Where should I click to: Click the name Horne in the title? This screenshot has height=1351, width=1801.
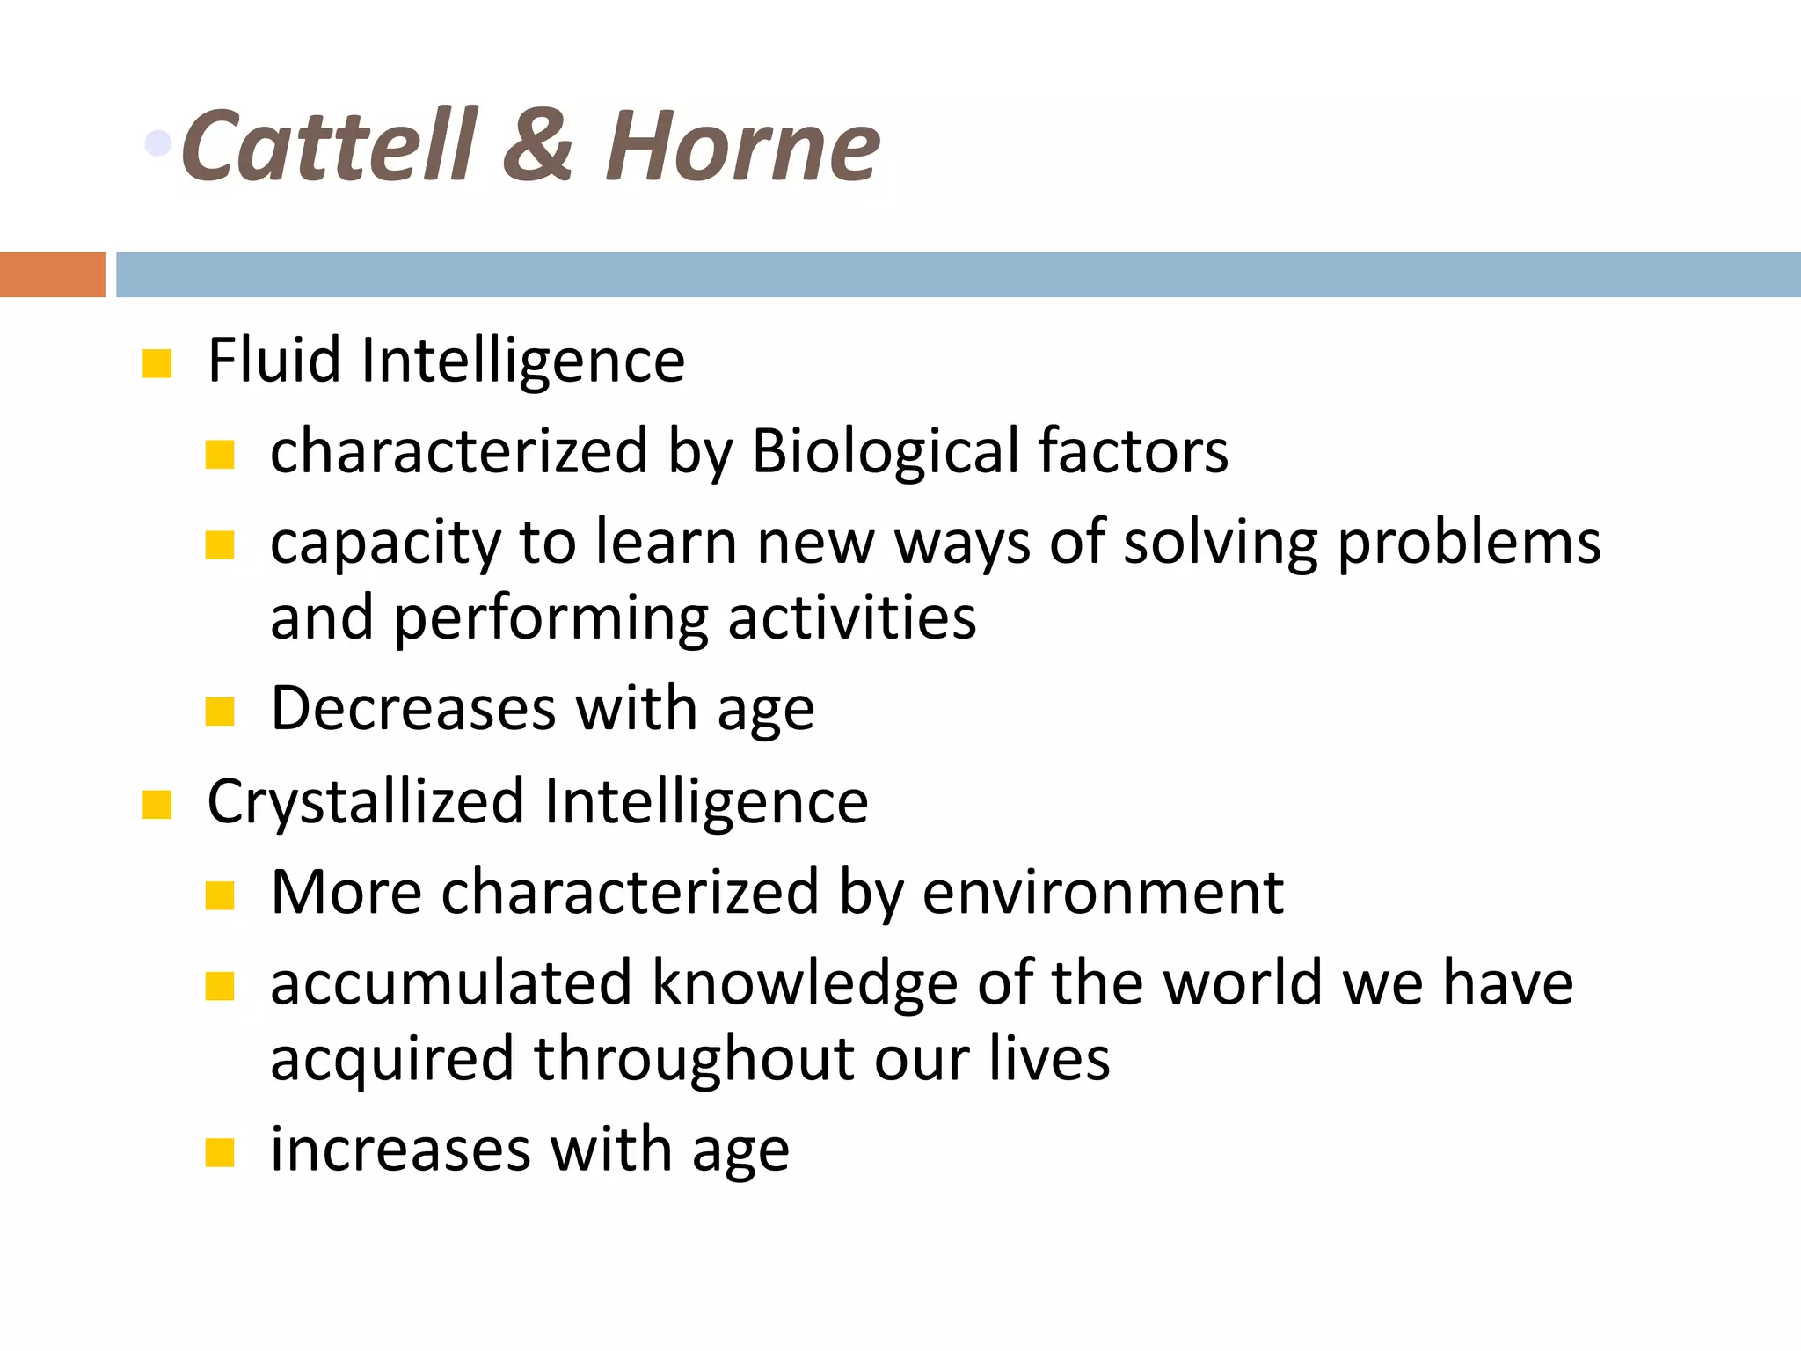pyautogui.click(x=742, y=145)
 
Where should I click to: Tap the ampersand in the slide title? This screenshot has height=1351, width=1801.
pyautogui.click(x=537, y=145)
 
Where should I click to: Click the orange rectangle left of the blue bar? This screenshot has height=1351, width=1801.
pyautogui.click(x=52, y=274)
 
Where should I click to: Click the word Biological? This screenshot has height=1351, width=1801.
pyautogui.click(x=886, y=450)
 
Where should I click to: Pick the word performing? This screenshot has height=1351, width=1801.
pyautogui.click(x=551, y=618)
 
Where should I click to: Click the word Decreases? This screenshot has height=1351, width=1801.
pyautogui.click(x=413, y=708)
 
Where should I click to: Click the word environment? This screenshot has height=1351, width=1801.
pyautogui.click(x=1103, y=892)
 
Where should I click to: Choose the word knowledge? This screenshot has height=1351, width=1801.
pyautogui.click(x=804, y=984)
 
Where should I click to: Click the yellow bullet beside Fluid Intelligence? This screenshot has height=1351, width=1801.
pyautogui.click(x=157, y=363)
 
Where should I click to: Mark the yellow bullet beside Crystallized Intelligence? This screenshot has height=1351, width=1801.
pyautogui.click(x=157, y=804)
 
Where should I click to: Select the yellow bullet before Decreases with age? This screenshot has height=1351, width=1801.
pyautogui.click(x=220, y=711)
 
